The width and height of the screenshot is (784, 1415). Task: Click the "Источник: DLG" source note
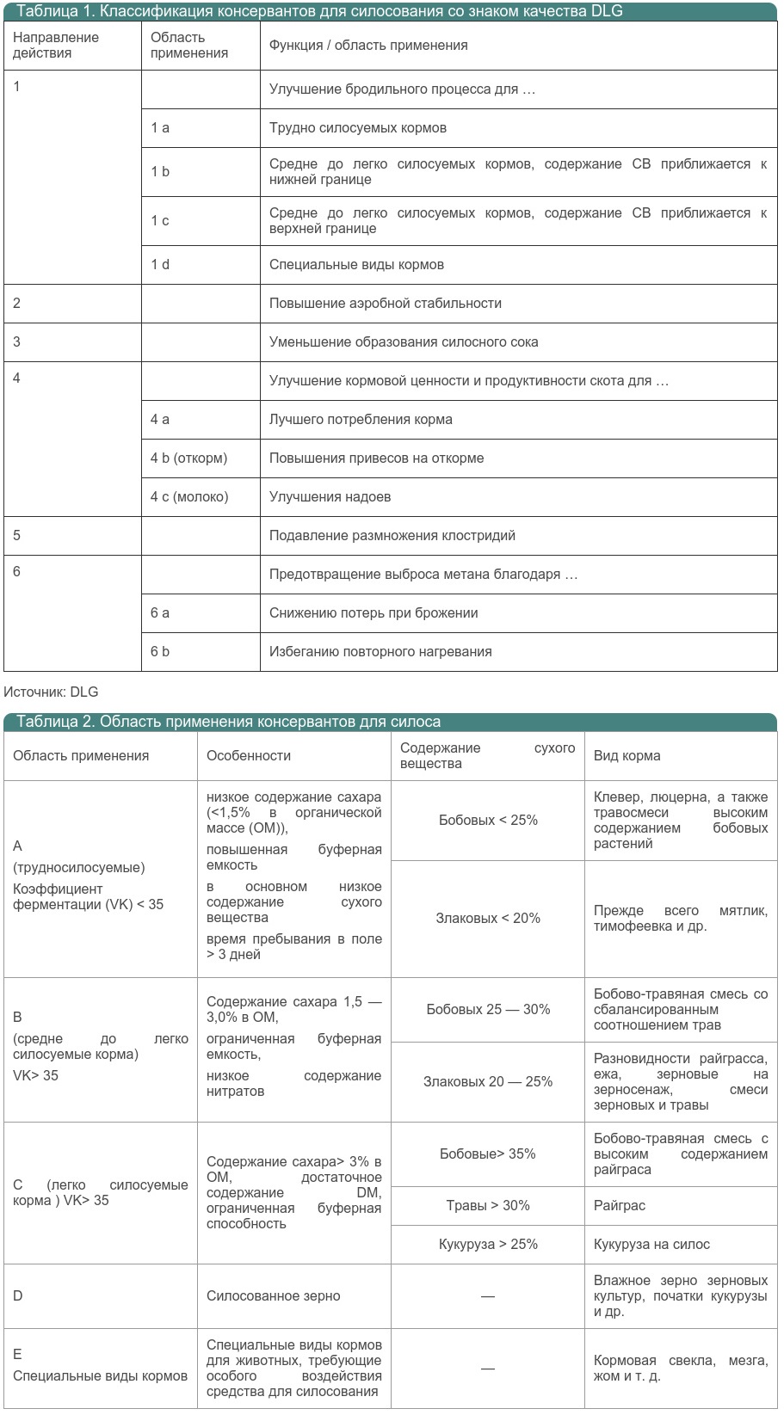tap(51, 692)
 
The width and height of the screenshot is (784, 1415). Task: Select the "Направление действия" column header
tap(56, 46)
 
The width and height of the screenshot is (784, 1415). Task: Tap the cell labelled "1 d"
tap(160, 264)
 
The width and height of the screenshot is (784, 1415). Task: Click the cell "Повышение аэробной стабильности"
tap(385, 303)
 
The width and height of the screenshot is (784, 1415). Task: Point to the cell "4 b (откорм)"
tap(188, 458)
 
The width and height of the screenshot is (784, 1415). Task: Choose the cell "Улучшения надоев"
tap(330, 496)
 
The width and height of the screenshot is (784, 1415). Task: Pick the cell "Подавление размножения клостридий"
tap(392, 535)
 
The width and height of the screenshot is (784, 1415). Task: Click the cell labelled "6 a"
tap(160, 612)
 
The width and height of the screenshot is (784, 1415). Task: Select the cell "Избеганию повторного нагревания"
tap(380, 651)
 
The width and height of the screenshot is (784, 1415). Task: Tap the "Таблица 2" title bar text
tap(228, 722)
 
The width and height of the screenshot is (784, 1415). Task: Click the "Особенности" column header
tap(249, 755)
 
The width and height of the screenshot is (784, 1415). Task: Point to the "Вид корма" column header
tap(627, 755)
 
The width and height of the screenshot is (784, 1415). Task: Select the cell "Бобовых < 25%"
tap(488, 820)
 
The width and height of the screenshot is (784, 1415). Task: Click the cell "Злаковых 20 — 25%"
tap(488, 1081)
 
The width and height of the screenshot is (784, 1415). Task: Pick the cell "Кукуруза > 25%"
tap(488, 1244)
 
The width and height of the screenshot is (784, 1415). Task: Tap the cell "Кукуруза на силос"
tap(651, 1244)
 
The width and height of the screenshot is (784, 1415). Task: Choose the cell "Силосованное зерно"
tap(273, 1295)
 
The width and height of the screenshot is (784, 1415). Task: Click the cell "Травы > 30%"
tap(488, 1205)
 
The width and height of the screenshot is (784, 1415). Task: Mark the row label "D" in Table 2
tap(18, 1295)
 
